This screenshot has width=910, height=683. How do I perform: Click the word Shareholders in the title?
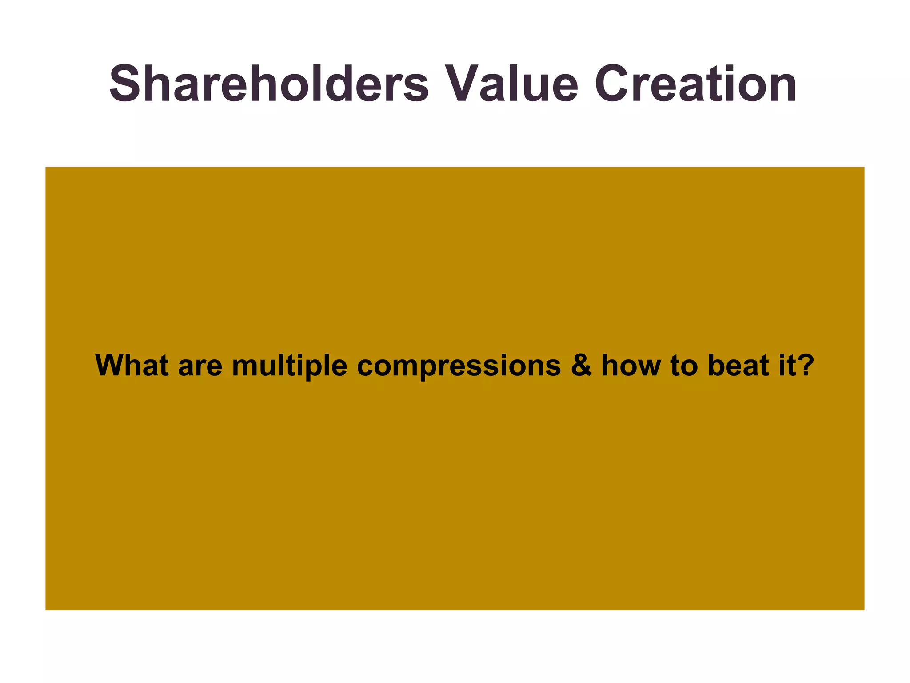[269, 84]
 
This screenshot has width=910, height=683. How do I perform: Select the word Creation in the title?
[695, 84]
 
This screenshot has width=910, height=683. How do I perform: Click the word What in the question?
[132, 366]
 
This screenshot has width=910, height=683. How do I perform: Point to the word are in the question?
[200, 367]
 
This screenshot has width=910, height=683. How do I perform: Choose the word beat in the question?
[738, 366]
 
